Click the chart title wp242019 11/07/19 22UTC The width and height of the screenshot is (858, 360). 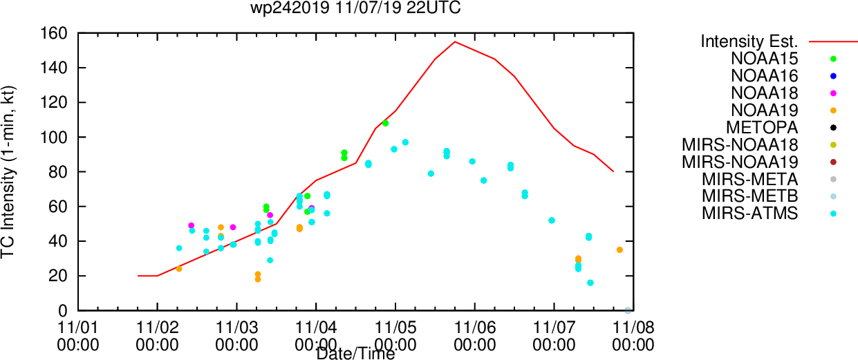(x=355, y=8)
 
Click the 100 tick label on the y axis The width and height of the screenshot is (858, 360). (x=54, y=137)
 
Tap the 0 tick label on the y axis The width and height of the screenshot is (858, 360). (x=63, y=311)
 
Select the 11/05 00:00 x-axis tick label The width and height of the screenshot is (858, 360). (x=395, y=337)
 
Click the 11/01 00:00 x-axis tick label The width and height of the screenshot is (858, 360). (x=77, y=337)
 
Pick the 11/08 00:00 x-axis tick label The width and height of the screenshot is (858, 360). (x=633, y=337)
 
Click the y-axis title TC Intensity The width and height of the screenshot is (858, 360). (x=8, y=172)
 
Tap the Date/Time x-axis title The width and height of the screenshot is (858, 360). (x=355, y=354)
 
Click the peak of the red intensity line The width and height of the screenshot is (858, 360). (x=455, y=41)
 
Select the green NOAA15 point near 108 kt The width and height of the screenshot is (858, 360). (x=385, y=123)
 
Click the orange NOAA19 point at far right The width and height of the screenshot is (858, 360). (x=619, y=249)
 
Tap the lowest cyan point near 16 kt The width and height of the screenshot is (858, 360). (x=590, y=283)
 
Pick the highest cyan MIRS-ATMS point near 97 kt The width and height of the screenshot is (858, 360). (x=405, y=142)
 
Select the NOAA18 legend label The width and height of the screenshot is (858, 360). (x=764, y=93)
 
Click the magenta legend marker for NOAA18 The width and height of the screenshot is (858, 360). (x=833, y=93)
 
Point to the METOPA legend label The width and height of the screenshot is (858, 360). (x=762, y=128)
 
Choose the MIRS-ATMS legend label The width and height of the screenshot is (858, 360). (x=749, y=214)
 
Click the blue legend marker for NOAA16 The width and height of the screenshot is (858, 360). (x=833, y=76)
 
